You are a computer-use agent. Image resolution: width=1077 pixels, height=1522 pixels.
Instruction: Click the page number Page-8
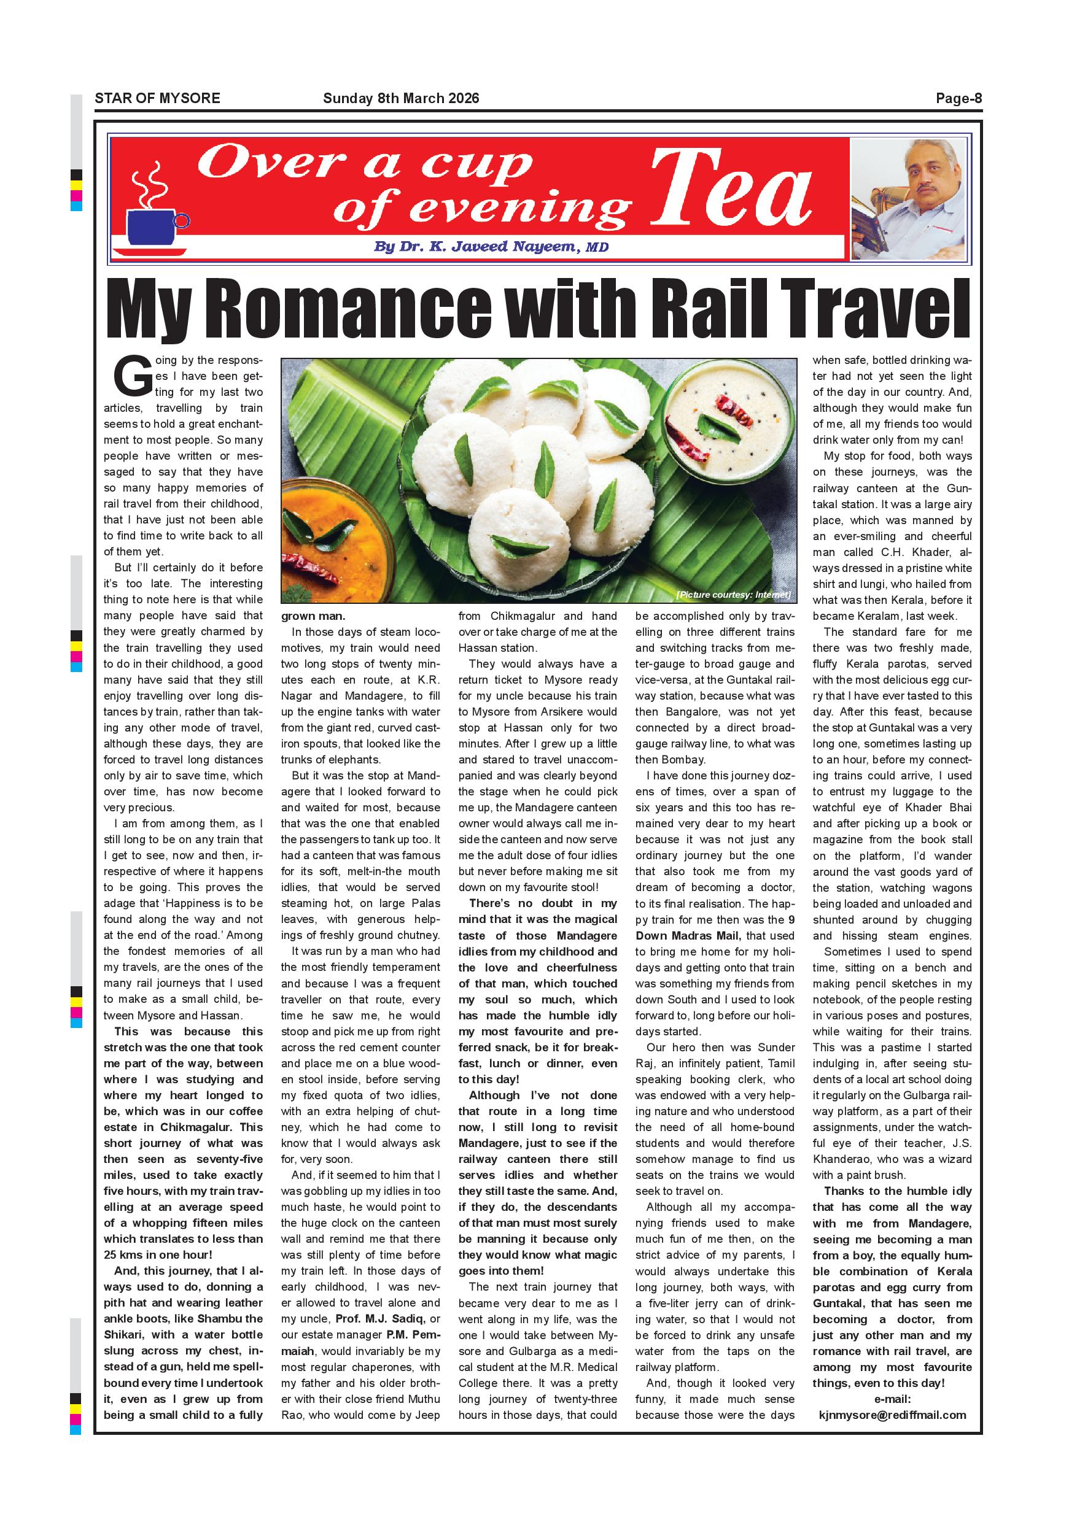tap(958, 99)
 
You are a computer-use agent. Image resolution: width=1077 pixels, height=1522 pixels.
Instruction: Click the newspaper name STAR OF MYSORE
tap(157, 99)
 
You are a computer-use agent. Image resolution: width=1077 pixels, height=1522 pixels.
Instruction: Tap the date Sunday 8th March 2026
tap(400, 99)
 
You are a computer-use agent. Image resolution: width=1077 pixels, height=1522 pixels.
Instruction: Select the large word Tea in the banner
tap(731, 189)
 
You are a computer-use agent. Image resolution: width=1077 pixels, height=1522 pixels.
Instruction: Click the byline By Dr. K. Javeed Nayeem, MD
tap(491, 247)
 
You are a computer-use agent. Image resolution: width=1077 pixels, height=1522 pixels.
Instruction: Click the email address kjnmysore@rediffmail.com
tap(892, 1415)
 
